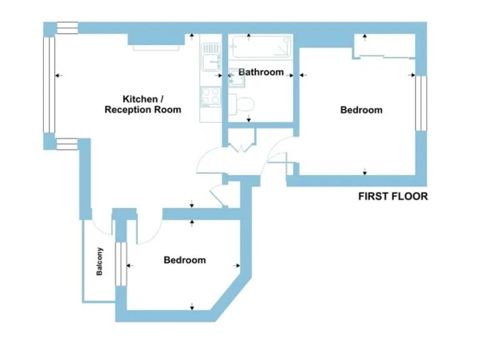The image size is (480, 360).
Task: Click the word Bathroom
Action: [x=261, y=72]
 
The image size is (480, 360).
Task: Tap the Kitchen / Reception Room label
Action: [x=142, y=104]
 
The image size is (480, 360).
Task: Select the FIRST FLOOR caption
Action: [x=392, y=196]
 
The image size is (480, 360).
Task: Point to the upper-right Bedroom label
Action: [x=361, y=110]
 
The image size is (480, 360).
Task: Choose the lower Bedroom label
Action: [x=184, y=260]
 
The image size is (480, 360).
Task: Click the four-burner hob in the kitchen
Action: [x=209, y=96]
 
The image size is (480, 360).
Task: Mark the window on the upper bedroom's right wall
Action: [x=421, y=103]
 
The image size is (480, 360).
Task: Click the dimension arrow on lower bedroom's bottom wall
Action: [x=192, y=306]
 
